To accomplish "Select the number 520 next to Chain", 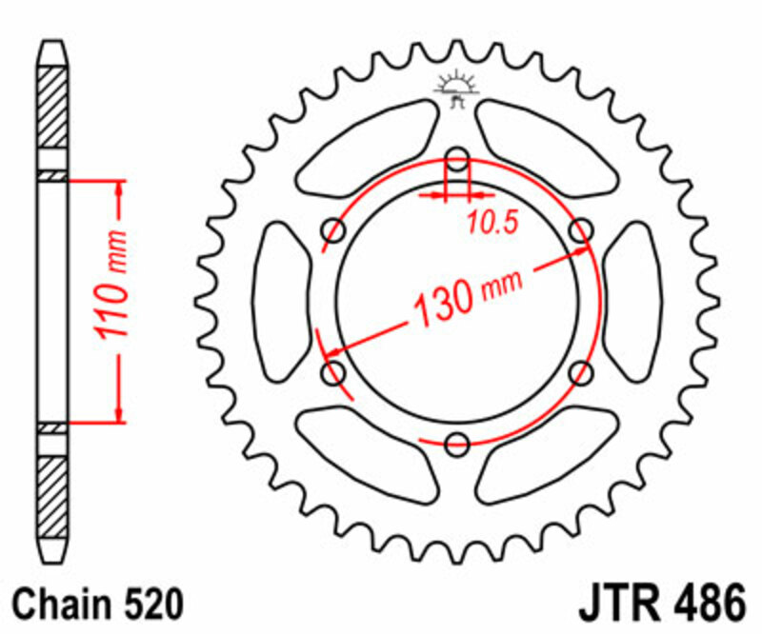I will click(x=149, y=604).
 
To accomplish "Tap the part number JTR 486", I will click(x=660, y=604).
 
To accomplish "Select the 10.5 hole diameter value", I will click(x=491, y=223).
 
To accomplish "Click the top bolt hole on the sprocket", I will click(x=458, y=158).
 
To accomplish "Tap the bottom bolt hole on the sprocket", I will click(x=458, y=441).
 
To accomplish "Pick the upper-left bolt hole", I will click(x=334, y=228).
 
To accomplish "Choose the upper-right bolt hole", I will click(x=581, y=229).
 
